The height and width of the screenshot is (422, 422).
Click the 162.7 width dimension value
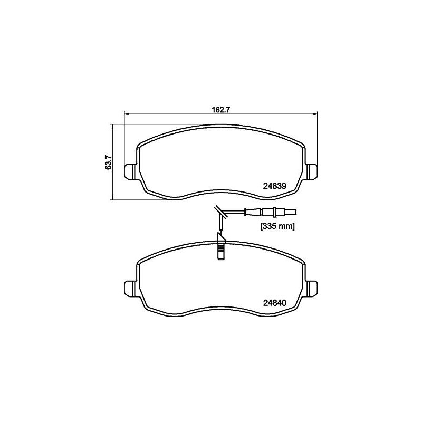tap(219, 110)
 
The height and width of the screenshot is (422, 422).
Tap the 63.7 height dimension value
tap(108, 162)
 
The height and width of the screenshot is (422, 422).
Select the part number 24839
tap(274, 185)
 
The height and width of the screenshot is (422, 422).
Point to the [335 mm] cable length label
tap(276, 226)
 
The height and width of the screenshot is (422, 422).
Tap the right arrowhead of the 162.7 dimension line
tap(313, 114)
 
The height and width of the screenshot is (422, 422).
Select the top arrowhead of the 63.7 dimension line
tap(112, 126)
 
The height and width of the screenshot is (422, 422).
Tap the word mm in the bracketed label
tap(285, 226)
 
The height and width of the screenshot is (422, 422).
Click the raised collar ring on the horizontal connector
tap(263, 213)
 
